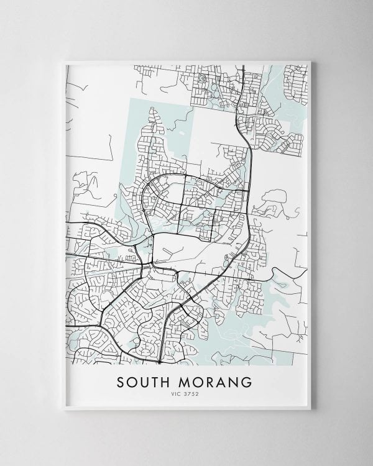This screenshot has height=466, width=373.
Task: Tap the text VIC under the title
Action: coord(178,393)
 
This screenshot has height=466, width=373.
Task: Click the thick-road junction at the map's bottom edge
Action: coord(160,361)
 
